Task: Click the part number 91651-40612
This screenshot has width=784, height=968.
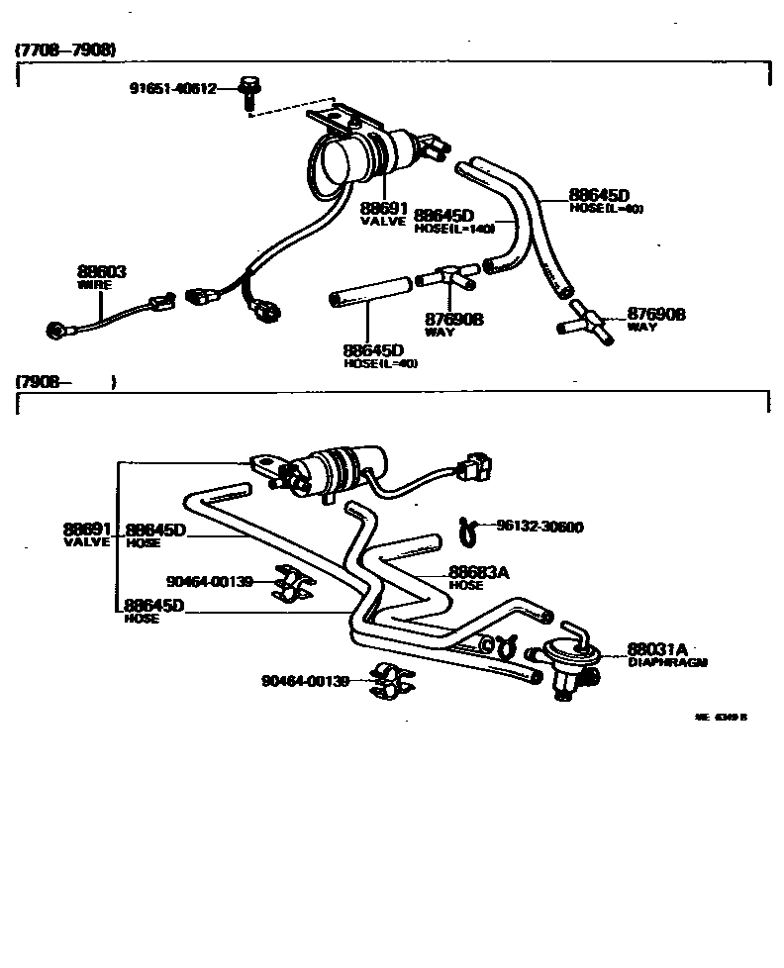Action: (174, 87)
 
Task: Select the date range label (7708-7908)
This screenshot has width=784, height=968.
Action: (65, 49)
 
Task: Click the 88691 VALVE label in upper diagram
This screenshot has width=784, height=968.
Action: (383, 214)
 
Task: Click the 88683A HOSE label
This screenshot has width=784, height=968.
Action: (479, 576)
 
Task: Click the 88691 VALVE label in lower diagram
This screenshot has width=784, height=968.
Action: (88, 534)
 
